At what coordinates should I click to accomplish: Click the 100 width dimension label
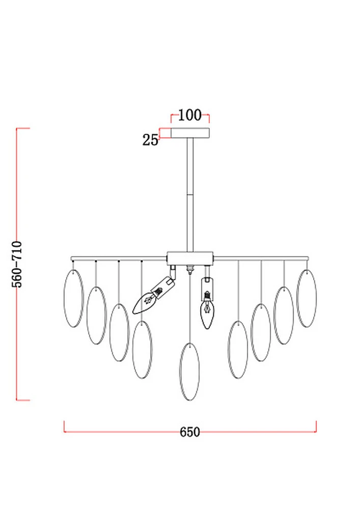pyautogui.click(x=190, y=115)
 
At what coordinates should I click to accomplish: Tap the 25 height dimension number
pyautogui.click(x=150, y=140)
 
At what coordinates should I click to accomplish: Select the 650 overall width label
pyautogui.click(x=190, y=432)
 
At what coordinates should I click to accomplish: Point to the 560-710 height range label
pyautogui.click(x=17, y=264)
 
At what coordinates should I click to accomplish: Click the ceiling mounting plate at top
pyautogui.click(x=190, y=133)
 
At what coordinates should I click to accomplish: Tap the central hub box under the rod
pyautogui.click(x=190, y=258)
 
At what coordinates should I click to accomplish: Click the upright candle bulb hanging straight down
pyautogui.click(x=207, y=313)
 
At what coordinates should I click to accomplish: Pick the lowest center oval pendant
pyautogui.click(x=189, y=372)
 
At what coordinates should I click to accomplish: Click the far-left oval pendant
pyautogui.click(x=74, y=298)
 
